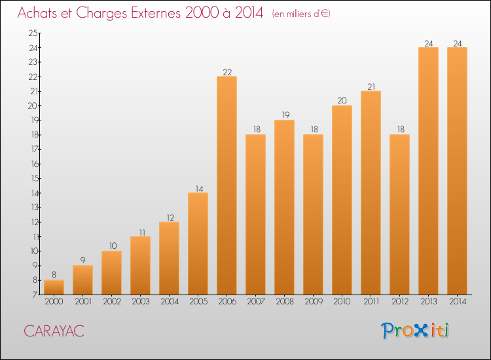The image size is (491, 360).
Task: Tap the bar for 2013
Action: (428, 171)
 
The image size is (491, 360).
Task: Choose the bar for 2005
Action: (198, 243)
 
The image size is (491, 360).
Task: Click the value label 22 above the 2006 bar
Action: (227, 72)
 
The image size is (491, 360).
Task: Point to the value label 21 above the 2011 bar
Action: (371, 86)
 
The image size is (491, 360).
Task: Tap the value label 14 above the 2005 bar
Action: (198, 188)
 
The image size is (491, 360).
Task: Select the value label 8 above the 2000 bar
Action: (54, 275)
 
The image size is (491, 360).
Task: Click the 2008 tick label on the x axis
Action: (284, 302)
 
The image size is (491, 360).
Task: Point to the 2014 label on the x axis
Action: (457, 302)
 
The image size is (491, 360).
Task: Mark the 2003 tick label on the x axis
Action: (140, 302)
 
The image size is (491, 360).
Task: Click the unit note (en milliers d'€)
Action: (301, 14)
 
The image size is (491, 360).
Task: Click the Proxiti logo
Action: (415, 331)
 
